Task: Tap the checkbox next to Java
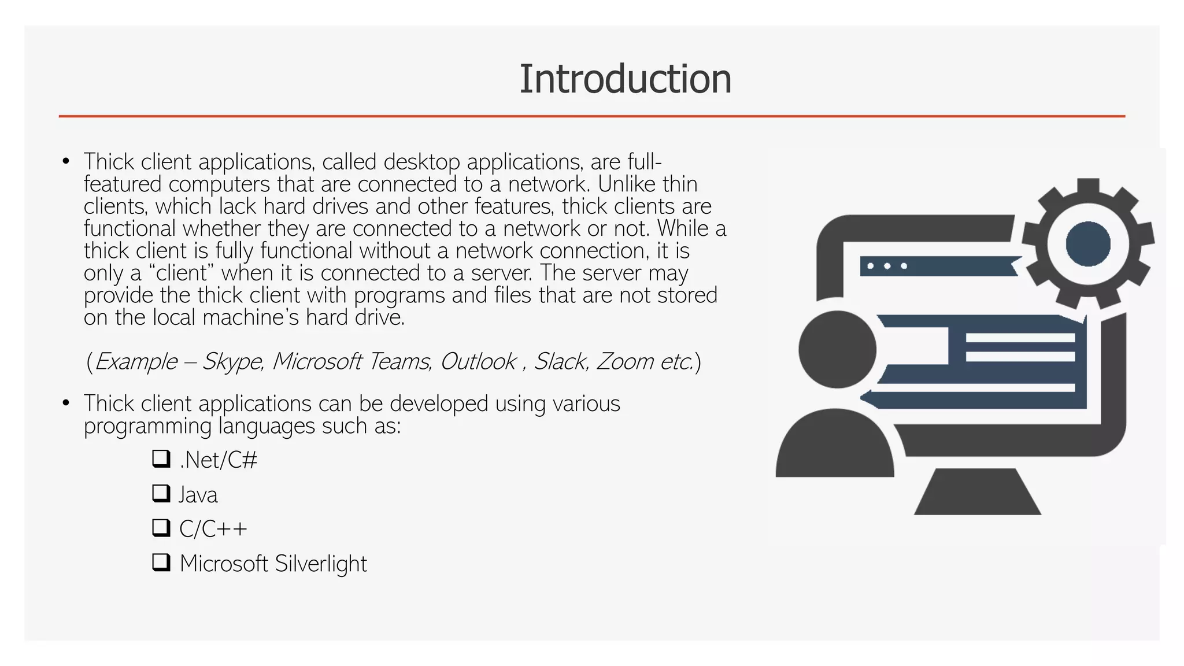pyautogui.click(x=161, y=493)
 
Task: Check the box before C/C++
pyautogui.click(x=161, y=527)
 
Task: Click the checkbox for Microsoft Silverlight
pyautogui.click(x=161, y=562)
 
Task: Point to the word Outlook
pyautogui.click(x=478, y=362)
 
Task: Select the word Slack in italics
pyautogui.click(x=560, y=362)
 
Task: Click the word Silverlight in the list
pyautogui.click(x=320, y=564)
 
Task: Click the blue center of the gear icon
pyautogui.click(x=1087, y=243)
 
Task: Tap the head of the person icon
pyautogui.click(x=837, y=349)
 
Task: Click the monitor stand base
pyautogui.click(x=977, y=493)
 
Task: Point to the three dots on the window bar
pyautogui.click(x=887, y=267)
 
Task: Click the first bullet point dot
pyautogui.click(x=66, y=162)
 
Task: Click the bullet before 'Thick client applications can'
pyautogui.click(x=66, y=403)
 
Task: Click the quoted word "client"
pyautogui.click(x=182, y=273)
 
